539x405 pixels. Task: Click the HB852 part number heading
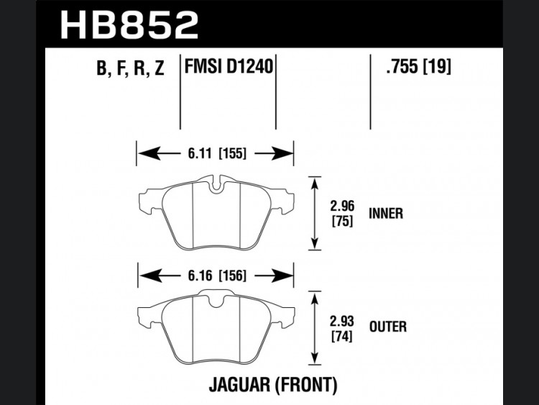pos(129,24)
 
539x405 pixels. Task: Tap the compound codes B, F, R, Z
pos(130,68)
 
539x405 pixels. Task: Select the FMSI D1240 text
pos(229,65)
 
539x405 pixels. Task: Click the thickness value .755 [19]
pos(418,65)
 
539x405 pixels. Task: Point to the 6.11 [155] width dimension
pos(217,153)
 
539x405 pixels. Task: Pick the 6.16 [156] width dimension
pos(217,276)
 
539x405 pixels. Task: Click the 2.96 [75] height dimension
pos(342,214)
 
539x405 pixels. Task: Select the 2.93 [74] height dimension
pos(341,329)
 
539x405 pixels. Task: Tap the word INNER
pos(386,214)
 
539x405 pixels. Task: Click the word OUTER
pos(388,327)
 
